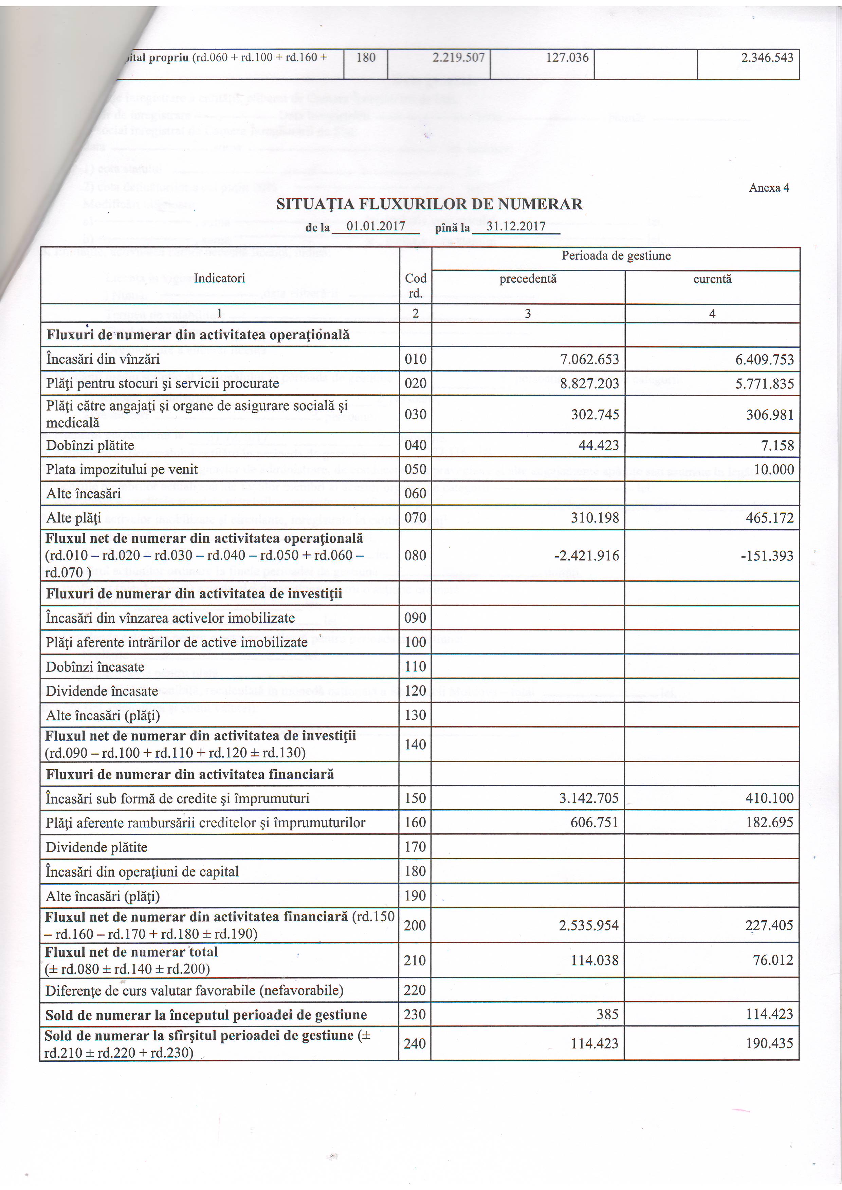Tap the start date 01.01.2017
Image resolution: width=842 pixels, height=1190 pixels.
(376, 226)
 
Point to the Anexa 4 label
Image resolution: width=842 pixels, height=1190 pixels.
(769, 188)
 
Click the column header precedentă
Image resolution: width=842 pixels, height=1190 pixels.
(528, 279)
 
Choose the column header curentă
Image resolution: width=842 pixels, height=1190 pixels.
(712, 279)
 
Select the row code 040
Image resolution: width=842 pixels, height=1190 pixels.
(415, 445)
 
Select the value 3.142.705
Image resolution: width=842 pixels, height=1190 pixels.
(588, 798)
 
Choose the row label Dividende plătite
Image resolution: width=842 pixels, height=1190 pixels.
(96, 847)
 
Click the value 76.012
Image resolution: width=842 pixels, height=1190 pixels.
(773, 960)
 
